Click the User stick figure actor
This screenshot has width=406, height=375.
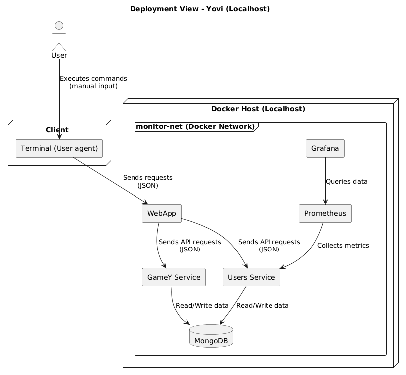point(59,37)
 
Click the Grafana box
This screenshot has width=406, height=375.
point(325,148)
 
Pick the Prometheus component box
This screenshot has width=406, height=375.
point(325,213)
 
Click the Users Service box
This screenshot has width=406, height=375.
point(252,277)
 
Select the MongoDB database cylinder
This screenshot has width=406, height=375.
point(211,336)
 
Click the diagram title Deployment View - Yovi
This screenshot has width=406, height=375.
point(199,9)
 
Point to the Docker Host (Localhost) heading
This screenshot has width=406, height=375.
point(258,109)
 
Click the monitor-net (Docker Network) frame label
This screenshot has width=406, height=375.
point(194,126)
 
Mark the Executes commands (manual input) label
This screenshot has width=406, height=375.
point(93,82)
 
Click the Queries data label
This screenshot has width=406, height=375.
point(346,182)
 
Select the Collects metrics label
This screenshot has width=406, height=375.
point(343,246)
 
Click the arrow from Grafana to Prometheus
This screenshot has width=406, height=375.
point(325,179)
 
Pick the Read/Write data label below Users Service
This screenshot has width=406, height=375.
point(263,305)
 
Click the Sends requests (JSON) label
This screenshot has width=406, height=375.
point(147,181)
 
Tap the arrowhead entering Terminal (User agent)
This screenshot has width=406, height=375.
point(59,137)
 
